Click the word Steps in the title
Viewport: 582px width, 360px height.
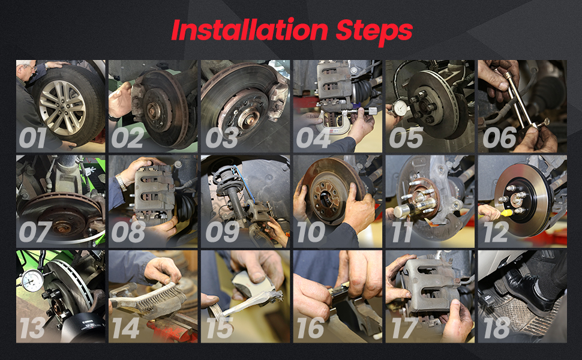[x=374, y=32]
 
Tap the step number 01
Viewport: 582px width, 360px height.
[x=32, y=138]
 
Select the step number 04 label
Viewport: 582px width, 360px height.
[x=313, y=138]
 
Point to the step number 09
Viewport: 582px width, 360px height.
[x=223, y=232]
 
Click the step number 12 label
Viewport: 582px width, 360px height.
[x=496, y=232]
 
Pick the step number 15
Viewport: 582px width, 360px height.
[x=220, y=328]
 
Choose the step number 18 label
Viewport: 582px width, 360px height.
[x=497, y=328]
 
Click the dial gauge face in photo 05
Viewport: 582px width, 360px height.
[x=400, y=108]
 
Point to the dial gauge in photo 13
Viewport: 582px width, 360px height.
[x=32, y=281]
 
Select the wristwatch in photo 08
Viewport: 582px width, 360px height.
[x=121, y=182]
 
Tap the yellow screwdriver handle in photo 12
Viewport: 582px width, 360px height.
[x=506, y=212]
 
